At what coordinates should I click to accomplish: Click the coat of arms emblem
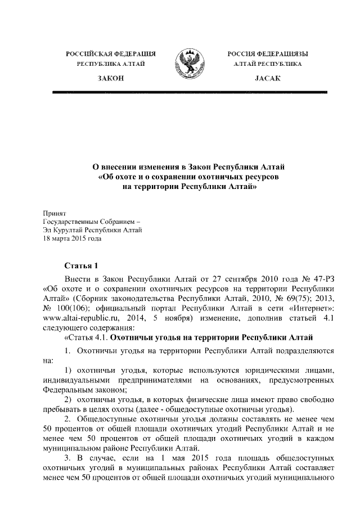pos(188,63)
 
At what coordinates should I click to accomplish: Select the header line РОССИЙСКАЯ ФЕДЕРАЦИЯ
pos(111,54)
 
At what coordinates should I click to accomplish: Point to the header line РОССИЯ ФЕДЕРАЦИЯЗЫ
pos(268,54)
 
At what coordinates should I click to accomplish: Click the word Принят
pos(55,214)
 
